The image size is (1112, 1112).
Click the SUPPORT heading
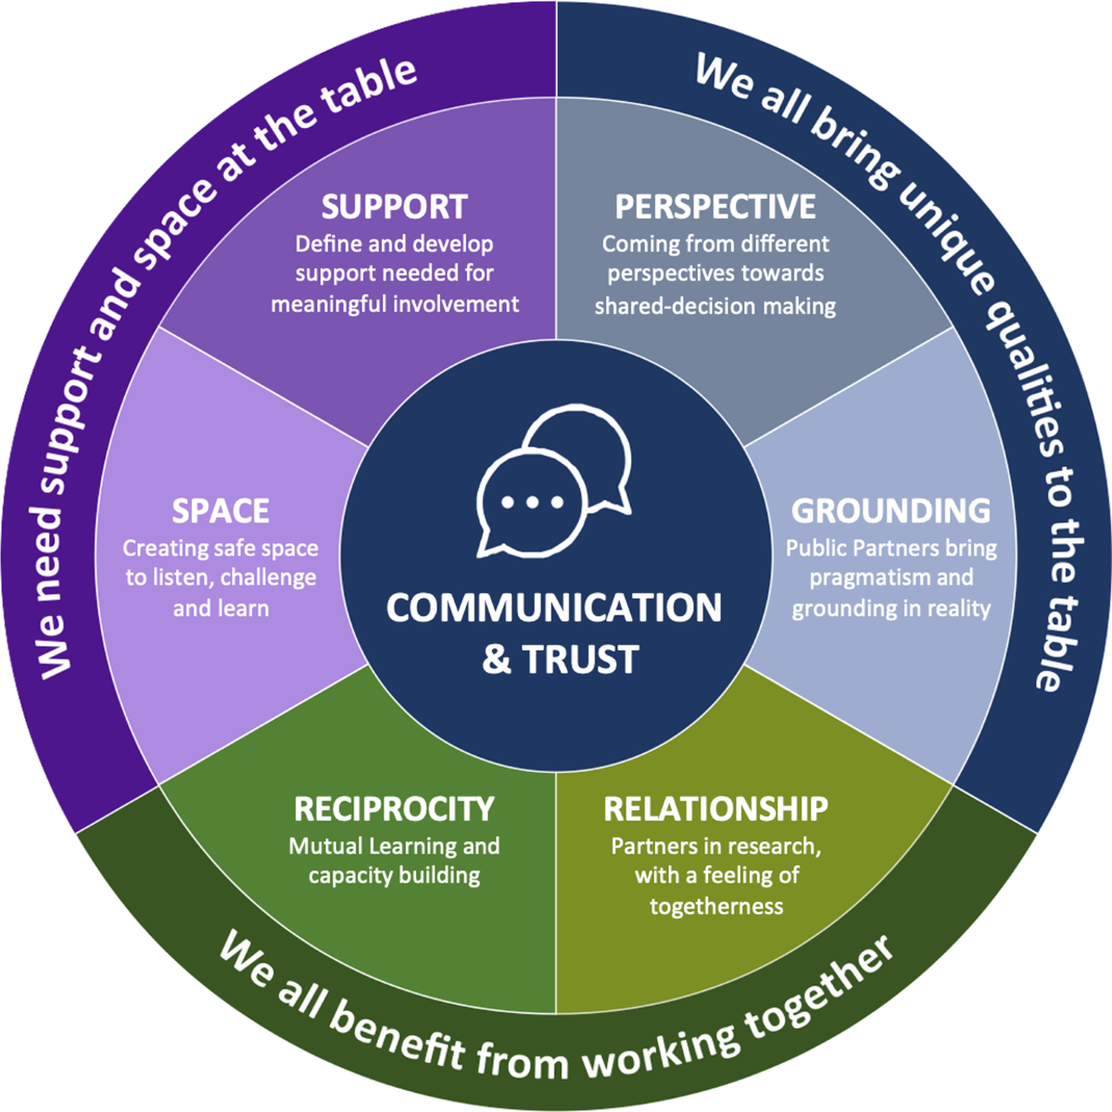click(394, 207)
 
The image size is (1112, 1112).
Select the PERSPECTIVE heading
click(715, 207)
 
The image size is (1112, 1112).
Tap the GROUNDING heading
click(891, 511)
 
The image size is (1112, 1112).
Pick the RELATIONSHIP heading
click(715, 809)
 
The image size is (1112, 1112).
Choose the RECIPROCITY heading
click(394, 809)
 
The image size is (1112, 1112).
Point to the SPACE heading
click(221, 511)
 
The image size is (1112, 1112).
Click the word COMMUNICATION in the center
click(554, 608)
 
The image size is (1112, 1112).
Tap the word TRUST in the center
click(580, 660)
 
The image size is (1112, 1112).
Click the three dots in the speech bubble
click(532, 502)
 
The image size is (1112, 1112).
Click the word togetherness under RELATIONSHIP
click(715, 906)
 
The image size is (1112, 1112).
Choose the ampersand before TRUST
click(497, 660)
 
